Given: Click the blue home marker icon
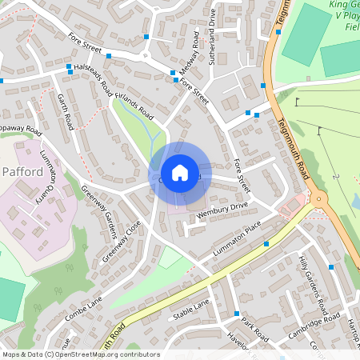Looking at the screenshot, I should [x=180, y=172].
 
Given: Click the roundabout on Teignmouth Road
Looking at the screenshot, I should [x=319, y=199].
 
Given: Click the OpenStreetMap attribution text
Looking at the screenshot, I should [x=80, y=354].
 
